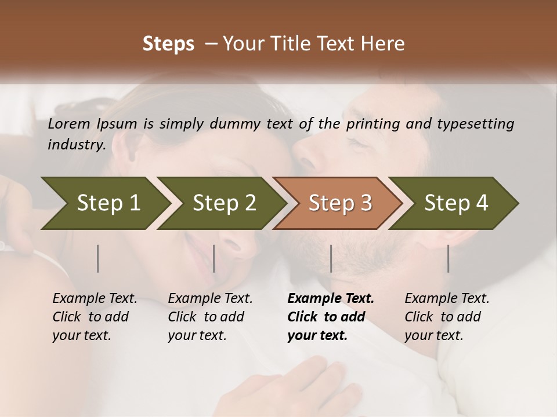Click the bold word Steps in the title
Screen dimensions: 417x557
coord(168,44)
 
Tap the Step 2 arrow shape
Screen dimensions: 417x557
coord(224,203)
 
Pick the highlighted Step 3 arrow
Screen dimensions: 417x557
coord(340,203)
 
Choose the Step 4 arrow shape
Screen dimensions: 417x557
coord(456,203)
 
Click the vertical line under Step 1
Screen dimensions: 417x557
coord(98,258)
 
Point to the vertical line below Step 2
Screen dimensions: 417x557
coord(214,258)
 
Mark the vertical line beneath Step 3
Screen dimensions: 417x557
coord(331,258)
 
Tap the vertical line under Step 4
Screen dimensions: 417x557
coord(448,258)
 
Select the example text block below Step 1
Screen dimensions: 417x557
coord(95,316)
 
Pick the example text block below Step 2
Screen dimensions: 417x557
coord(210,316)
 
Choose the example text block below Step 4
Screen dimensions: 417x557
coord(447,316)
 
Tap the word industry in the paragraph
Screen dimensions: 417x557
coord(77,145)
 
